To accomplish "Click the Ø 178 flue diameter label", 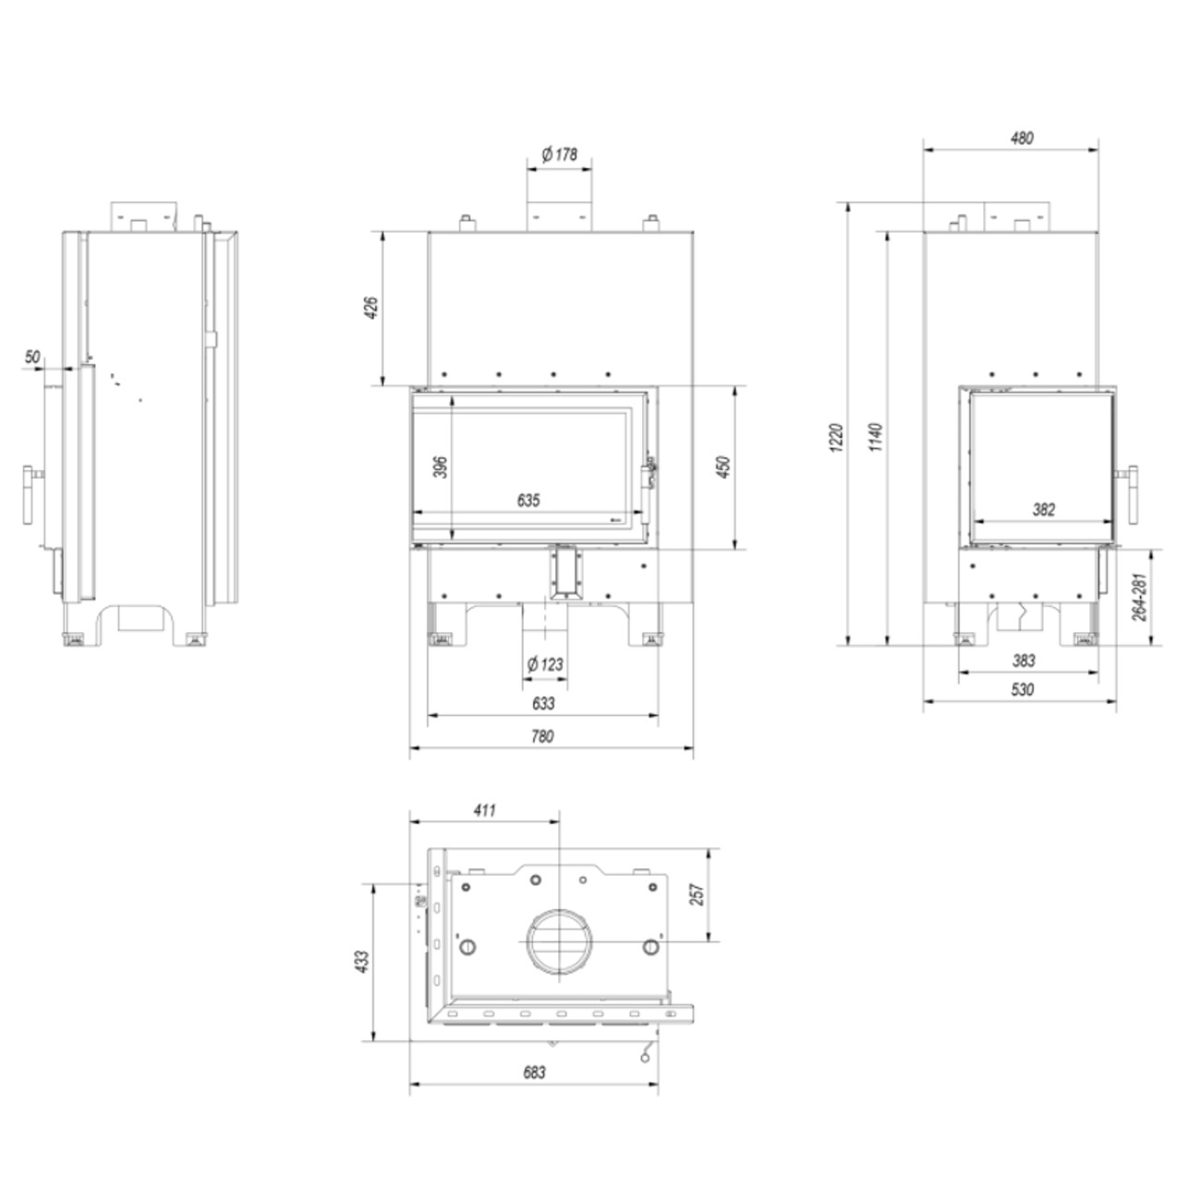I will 560,154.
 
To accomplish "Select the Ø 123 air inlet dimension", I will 545,664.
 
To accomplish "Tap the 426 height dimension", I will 370,308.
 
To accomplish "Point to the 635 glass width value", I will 528,501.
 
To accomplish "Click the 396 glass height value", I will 440,467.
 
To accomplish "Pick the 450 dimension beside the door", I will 723,467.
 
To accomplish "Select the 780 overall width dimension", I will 542,736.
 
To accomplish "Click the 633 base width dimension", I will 543,703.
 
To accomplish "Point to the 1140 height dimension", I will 876,436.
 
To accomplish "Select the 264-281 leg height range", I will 1139,597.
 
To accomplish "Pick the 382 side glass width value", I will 1044,509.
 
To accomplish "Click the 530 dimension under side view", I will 1023,689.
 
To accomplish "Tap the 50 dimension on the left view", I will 33,357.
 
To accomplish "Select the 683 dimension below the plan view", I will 534,1073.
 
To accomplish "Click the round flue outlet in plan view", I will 560,942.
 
